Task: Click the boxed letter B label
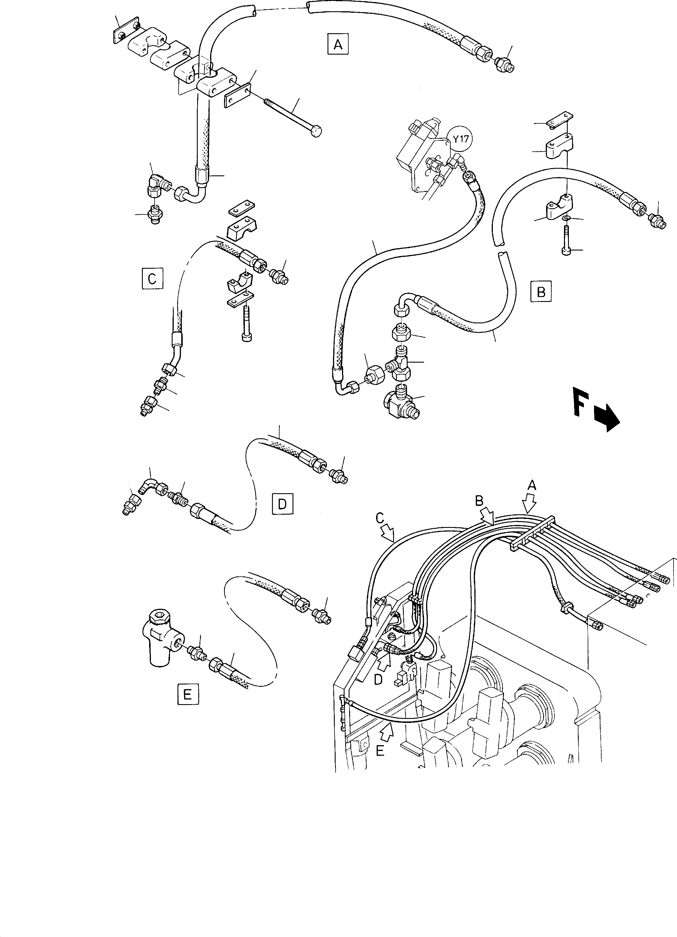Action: click(541, 292)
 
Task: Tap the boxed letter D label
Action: click(282, 504)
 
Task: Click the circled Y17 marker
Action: click(460, 140)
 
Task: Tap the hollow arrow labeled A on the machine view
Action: click(530, 503)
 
